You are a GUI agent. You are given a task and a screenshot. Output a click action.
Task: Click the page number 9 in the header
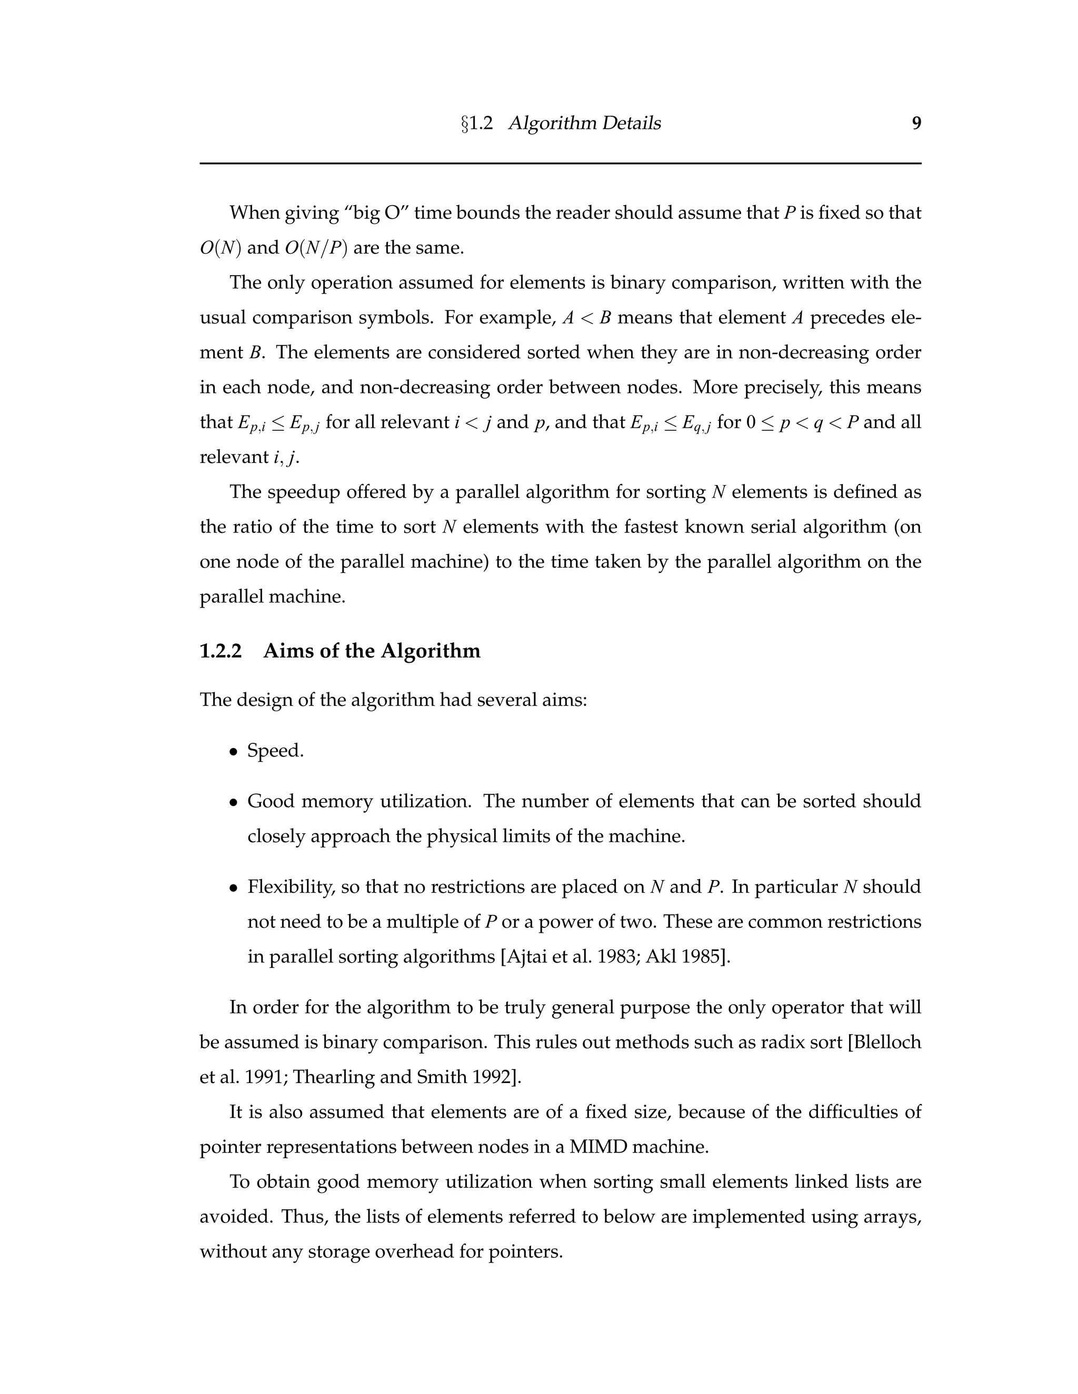pyautogui.click(x=916, y=123)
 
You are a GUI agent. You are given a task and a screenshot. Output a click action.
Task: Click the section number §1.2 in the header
pyautogui.click(x=476, y=123)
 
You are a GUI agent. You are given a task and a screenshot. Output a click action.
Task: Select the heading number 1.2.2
pyautogui.click(x=221, y=651)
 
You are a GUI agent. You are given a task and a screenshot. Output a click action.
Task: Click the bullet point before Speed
pyautogui.click(x=234, y=752)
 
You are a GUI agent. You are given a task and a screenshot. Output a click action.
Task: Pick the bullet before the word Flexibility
pyautogui.click(x=234, y=888)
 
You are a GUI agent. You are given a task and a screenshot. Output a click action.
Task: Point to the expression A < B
pyautogui.click(x=587, y=318)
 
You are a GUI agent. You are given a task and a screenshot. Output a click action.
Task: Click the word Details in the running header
pyautogui.click(x=630, y=123)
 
